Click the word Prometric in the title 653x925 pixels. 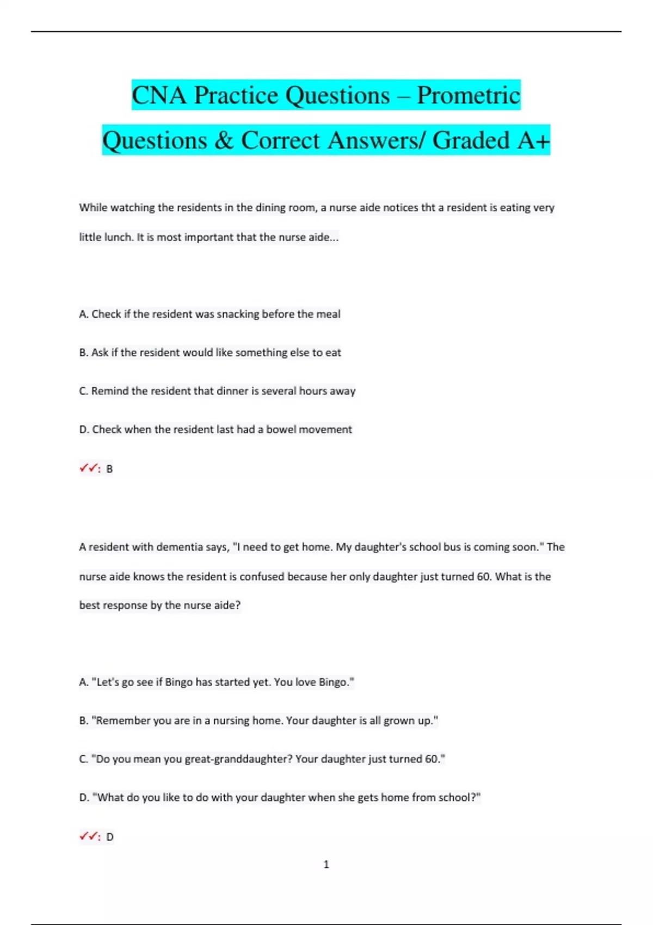pos(469,95)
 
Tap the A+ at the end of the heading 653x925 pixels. pos(533,140)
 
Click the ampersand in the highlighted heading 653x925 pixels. pos(223,140)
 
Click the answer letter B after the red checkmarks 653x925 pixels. pos(109,469)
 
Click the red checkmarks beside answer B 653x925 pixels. pos(88,468)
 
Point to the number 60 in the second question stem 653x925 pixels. pos(483,576)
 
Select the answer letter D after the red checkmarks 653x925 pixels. pos(110,837)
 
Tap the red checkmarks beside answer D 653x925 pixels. pos(88,836)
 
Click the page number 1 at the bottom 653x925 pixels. pos(326,865)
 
